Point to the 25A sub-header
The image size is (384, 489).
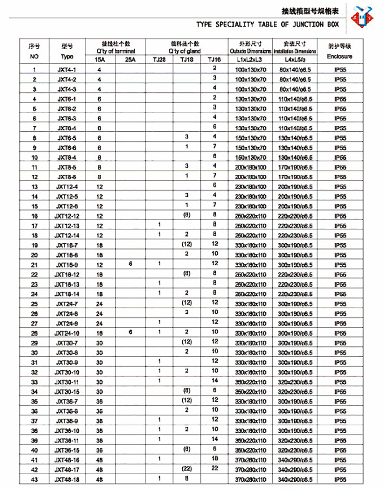130,60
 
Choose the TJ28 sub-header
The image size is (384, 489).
159,60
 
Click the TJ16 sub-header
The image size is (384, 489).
214,60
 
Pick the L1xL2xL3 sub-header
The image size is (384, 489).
249,60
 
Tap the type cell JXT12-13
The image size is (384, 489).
67,226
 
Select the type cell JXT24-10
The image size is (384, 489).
67,333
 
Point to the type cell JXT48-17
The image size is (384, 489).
67,470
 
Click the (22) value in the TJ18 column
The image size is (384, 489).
187,468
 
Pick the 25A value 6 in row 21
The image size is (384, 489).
130,263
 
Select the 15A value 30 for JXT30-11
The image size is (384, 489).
99,382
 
